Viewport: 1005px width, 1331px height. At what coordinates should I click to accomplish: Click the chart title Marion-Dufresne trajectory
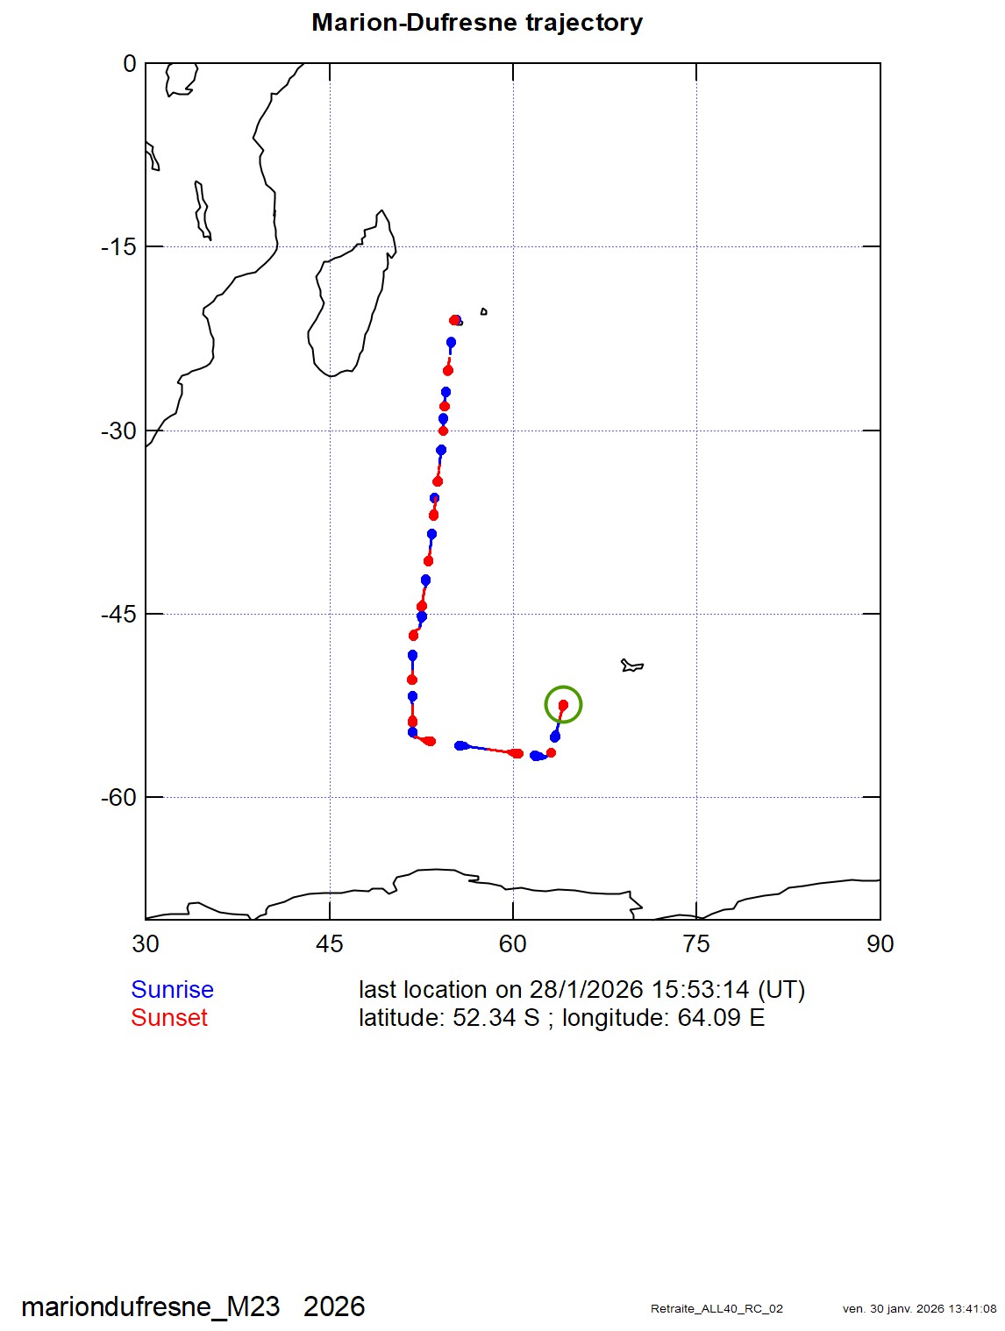pos(477,23)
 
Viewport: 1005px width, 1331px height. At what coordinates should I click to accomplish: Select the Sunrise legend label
pos(172,989)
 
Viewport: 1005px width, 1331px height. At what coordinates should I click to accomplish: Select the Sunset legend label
pos(169,1018)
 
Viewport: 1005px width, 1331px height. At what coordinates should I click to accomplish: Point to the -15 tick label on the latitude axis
pos(118,247)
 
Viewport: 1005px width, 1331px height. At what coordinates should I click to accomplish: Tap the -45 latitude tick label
pos(118,615)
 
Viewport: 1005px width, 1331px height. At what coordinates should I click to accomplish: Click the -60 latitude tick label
pos(118,798)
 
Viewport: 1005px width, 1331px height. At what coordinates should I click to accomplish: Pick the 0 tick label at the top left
pos(130,64)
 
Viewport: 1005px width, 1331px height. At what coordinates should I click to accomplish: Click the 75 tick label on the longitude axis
pos(696,944)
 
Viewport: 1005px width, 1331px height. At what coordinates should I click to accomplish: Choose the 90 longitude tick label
pos(880,944)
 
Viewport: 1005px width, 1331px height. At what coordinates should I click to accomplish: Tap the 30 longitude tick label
pos(146,944)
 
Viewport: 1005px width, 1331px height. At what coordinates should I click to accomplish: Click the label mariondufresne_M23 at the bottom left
pos(150,1306)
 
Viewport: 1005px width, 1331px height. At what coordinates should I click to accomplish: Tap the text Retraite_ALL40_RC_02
pos(716,1309)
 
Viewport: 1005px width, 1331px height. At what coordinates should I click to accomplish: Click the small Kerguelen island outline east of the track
pos(631,665)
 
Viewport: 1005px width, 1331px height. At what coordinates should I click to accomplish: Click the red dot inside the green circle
pos(563,704)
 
